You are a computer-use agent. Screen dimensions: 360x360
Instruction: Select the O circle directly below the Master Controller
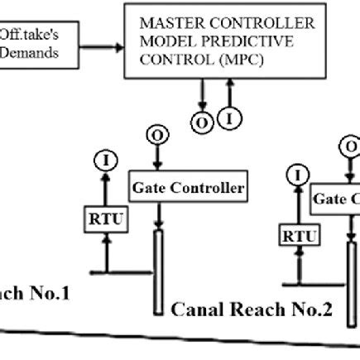pyautogui.click(x=201, y=122)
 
